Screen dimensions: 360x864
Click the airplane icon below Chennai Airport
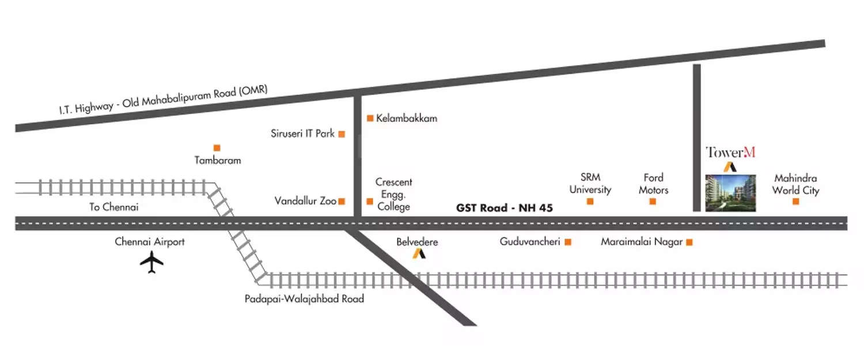point(152,263)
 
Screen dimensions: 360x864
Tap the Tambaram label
point(218,161)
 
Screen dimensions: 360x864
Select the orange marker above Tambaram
point(217,148)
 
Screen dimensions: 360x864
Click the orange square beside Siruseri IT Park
point(342,134)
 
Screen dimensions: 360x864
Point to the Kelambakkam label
point(407,119)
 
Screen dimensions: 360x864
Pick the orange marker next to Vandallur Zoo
point(342,202)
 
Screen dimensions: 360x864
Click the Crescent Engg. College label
point(394,194)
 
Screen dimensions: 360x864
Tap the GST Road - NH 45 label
point(505,208)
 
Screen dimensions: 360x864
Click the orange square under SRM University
point(590,202)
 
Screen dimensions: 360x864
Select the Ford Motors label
point(654,183)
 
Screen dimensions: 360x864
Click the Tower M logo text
point(730,153)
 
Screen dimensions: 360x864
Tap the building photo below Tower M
point(730,193)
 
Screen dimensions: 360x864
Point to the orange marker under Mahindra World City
point(795,202)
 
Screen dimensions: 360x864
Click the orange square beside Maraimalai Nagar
point(689,242)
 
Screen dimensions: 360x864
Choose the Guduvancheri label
point(530,242)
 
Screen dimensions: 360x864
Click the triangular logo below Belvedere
point(419,253)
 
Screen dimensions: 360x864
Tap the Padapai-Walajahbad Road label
point(304,299)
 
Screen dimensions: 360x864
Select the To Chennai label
point(114,207)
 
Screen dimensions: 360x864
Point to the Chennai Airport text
point(150,242)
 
